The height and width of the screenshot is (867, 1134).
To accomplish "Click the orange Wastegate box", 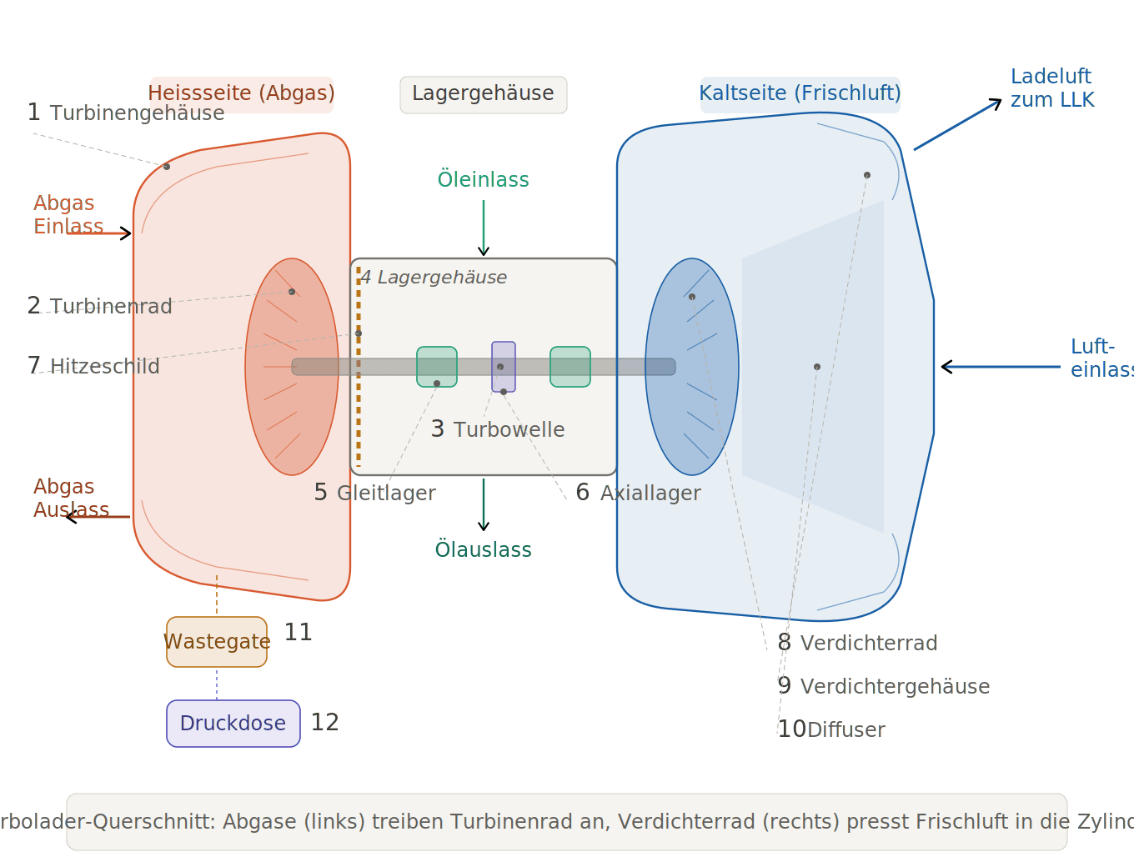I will tap(217, 642).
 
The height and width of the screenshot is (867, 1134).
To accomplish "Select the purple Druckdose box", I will tap(233, 724).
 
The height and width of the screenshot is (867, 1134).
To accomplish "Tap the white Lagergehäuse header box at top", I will tap(484, 94).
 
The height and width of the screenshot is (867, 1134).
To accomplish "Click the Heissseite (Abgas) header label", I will tap(241, 94).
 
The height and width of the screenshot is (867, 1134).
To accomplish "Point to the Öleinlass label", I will tap(484, 179).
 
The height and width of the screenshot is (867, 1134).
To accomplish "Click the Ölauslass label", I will tap(484, 549).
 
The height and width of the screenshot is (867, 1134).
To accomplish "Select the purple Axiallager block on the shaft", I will tap(504, 367).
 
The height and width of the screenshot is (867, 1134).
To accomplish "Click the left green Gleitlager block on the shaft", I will tap(437, 367).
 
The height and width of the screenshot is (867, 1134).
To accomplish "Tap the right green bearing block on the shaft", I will tap(570, 367).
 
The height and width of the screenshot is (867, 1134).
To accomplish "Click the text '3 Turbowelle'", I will tap(498, 429).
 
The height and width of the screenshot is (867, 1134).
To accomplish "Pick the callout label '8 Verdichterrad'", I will tap(857, 643).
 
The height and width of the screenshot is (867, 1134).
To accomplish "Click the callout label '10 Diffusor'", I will tap(831, 729).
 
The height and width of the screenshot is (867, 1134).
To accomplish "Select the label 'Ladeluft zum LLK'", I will tap(1051, 88).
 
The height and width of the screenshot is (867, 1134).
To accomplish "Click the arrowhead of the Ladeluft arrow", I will tap(997, 102).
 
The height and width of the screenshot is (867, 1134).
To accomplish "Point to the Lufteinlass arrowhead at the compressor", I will tap(945, 367).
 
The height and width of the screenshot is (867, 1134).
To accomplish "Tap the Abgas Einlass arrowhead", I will tap(128, 233).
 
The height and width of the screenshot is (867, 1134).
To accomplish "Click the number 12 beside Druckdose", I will tap(324, 722).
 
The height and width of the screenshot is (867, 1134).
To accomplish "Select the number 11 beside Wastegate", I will tap(298, 632).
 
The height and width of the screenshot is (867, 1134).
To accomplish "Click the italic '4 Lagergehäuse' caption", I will tap(434, 278).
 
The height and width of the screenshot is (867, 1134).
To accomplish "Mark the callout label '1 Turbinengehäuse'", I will tap(126, 113).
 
